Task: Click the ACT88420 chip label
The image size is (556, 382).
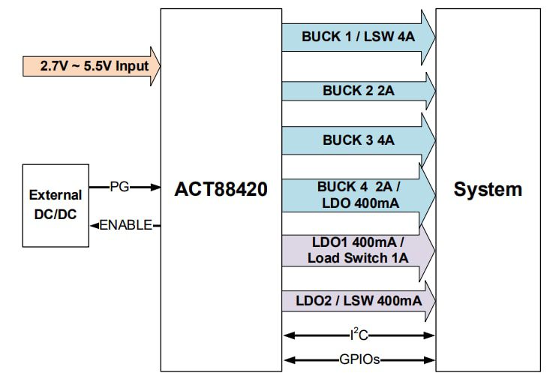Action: (221, 189)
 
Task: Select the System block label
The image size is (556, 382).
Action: (488, 189)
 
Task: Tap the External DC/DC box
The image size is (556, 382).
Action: (55, 204)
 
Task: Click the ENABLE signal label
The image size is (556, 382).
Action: (125, 224)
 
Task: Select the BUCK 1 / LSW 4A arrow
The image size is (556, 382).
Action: (358, 36)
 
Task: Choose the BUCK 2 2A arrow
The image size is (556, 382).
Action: (358, 90)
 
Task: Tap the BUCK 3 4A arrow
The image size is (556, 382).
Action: (358, 140)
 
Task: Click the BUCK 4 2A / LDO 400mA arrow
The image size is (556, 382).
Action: (358, 195)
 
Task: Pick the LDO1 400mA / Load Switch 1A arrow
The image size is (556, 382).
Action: (358, 251)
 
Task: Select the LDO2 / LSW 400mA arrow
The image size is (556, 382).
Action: (358, 301)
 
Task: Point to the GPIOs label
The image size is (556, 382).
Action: (359, 359)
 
